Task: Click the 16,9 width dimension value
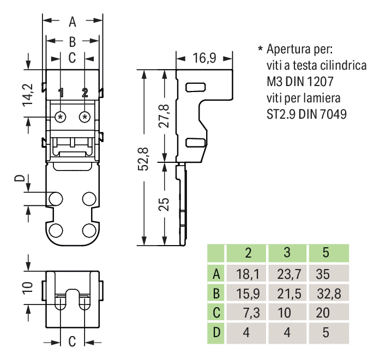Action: (x=204, y=58)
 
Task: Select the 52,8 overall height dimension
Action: (x=143, y=159)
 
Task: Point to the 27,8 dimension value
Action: (x=166, y=115)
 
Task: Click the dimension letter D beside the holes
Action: (x=19, y=180)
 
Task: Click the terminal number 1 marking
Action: (x=61, y=93)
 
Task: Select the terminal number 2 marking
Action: (x=85, y=93)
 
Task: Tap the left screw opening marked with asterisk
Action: (x=61, y=117)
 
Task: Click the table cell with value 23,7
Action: (x=287, y=273)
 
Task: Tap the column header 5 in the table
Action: (x=326, y=253)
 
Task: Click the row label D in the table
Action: (x=216, y=333)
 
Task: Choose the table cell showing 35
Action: (x=326, y=273)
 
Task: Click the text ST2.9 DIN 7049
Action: (x=306, y=115)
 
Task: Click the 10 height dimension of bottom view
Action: (x=29, y=287)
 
